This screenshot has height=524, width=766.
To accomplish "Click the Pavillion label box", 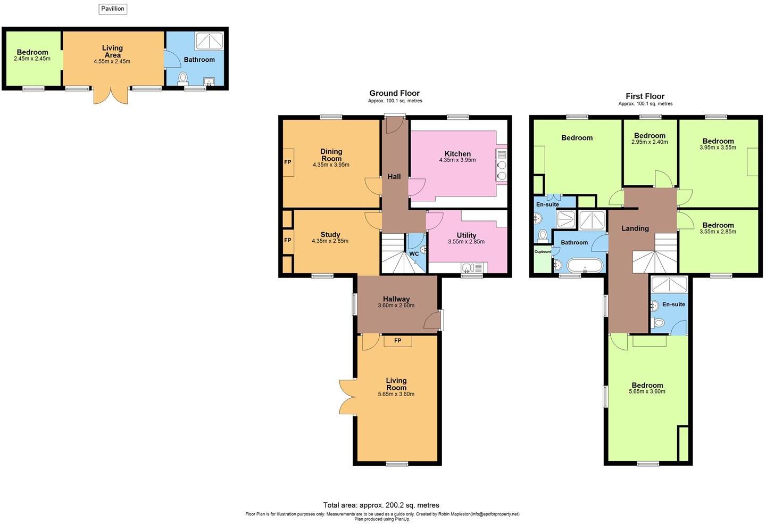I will coord(113,9).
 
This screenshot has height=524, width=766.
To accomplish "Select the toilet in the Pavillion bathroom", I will coord(183,78).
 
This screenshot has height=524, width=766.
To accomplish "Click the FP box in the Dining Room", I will coord(288,162).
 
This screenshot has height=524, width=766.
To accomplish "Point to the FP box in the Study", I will coord(288,240).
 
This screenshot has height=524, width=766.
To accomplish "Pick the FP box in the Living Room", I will coord(397,341).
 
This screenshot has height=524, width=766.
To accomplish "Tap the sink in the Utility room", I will coord(468,268).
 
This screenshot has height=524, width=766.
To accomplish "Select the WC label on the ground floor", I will coord(414,254).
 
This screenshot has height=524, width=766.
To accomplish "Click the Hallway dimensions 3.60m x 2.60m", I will coord(396,306).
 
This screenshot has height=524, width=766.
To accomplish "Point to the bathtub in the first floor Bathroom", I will coord(585,265).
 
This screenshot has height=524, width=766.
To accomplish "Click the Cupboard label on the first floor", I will coord(543,251).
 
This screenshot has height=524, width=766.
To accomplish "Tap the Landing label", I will coord(635,228).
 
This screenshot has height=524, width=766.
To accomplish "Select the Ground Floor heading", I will coord(395,93).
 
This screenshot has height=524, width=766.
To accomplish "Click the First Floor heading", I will coord(645,96).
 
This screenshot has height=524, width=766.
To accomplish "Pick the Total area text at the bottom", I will coord(381,505).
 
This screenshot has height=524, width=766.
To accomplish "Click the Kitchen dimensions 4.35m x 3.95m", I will coord(457,160).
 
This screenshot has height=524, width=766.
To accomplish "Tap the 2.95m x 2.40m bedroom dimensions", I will coord(650,142).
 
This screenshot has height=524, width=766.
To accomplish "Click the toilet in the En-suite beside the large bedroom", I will coord(659,323).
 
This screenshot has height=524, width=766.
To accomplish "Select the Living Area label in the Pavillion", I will coord(112,52).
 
